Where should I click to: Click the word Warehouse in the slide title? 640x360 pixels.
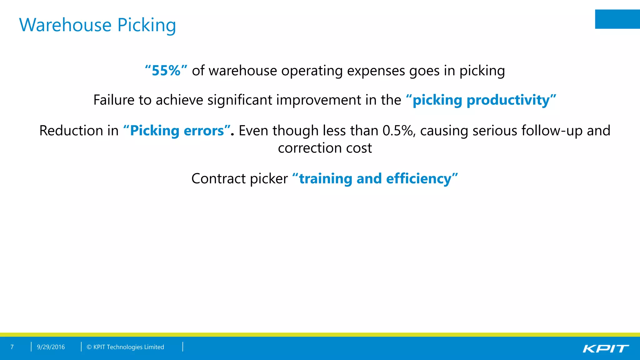[x=65, y=25]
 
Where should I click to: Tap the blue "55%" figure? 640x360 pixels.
[x=166, y=71]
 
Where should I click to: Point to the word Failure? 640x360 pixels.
[x=114, y=100]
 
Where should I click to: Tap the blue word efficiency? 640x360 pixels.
[x=419, y=179]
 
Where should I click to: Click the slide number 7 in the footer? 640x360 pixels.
[x=12, y=347]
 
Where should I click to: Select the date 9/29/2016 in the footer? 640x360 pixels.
[x=51, y=347]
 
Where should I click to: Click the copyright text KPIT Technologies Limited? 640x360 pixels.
[x=128, y=347]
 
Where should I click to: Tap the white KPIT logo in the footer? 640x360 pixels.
[x=606, y=348]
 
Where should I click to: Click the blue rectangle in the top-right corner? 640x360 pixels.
[x=617, y=19]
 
